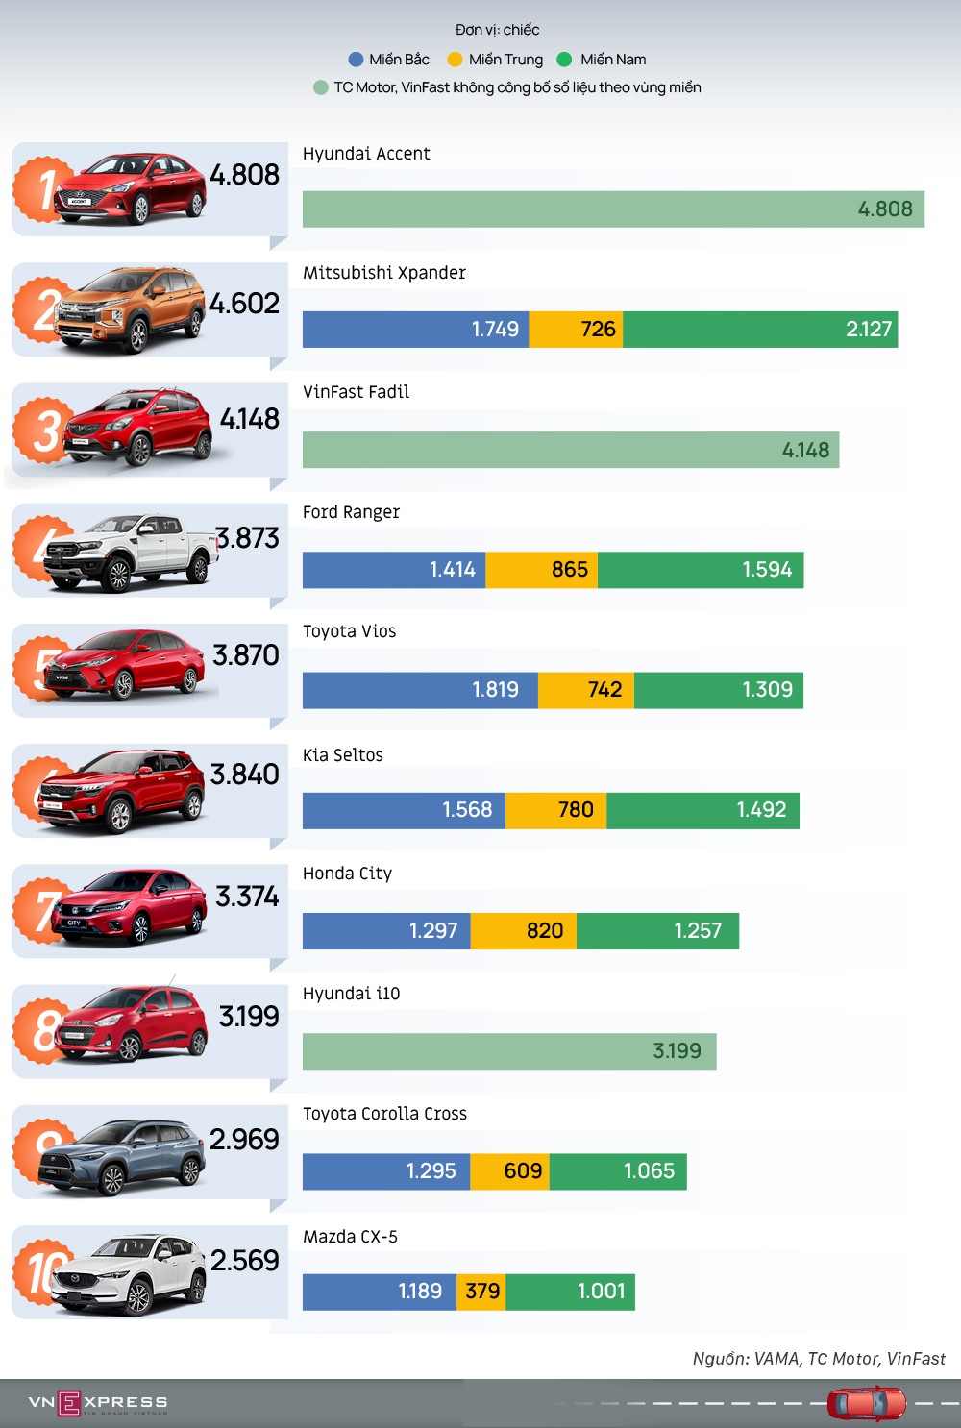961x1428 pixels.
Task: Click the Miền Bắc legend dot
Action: point(356,60)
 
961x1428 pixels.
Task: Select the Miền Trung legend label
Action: point(505,60)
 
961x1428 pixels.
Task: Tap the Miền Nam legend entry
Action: point(612,60)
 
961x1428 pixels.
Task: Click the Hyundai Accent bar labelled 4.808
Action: point(613,209)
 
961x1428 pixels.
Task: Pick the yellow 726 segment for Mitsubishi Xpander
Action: point(577,330)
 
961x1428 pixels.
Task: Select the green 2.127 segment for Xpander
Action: point(760,330)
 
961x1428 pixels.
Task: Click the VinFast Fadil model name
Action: point(356,392)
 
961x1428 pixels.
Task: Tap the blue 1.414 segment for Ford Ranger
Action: point(394,570)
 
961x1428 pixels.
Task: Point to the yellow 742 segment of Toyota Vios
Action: point(586,690)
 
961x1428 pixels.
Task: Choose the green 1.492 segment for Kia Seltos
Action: point(702,810)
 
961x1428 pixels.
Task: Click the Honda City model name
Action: point(347,874)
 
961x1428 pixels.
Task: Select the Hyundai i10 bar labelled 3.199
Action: point(509,1051)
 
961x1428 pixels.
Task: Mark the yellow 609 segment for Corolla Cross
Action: point(509,1171)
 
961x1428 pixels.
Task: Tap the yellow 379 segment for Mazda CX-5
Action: point(480,1292)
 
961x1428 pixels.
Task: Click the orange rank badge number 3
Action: point(44,431)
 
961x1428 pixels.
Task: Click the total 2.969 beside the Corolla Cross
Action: point(244,1140)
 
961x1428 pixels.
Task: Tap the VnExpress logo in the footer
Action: point(98,1403)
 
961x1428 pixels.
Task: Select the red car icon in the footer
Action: point(867,1403)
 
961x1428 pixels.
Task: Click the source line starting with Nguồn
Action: point(819,1359)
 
